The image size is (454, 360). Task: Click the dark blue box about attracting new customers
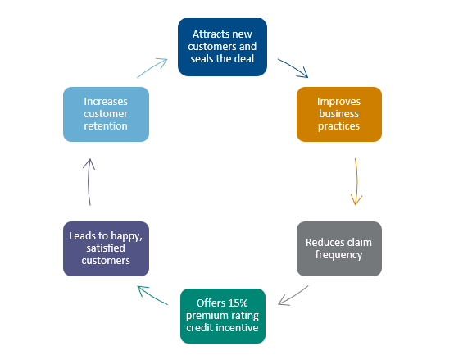tap(222, 47)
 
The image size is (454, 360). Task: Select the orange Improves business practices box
tap(339, 115)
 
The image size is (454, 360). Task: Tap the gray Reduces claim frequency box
tap(339, 248)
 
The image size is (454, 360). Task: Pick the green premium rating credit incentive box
tap(223, 316)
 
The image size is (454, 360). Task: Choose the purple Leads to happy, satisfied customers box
tap(106, 248)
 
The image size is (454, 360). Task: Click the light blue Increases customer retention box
tap(106, 115)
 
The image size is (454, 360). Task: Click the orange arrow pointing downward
tap(357, 182)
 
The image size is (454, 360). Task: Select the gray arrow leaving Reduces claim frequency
tap(293, 296)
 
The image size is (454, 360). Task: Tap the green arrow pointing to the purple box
tap(152, 295)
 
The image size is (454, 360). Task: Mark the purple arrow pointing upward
tap(89, 182)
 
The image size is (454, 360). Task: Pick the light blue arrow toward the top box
tap(152, 67)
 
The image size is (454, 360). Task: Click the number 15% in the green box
tap(239, 303)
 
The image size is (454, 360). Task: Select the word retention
tap(106, 126)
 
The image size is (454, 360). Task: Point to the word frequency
tap(338, 255)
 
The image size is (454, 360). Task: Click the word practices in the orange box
tap(338, 126)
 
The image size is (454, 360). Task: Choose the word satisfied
tap(106, 248)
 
